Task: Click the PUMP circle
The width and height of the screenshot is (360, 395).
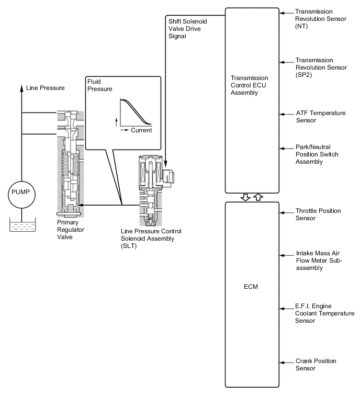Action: pos(21,195)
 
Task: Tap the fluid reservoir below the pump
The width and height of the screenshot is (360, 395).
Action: pos(22,225)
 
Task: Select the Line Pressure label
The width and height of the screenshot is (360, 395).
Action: pos(46,88)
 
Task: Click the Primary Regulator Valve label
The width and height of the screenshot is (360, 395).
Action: pos(71,230)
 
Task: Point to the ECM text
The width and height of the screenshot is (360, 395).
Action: pos(251,287)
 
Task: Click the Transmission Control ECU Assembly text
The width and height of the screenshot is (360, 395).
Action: pos(249,85)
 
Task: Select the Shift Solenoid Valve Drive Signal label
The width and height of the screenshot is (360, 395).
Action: pos(187,29)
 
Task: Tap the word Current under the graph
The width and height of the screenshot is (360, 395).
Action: pos(141,130)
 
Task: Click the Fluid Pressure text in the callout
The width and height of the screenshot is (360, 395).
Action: pos(100,85)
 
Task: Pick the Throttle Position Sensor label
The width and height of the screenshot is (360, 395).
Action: pos(318,215)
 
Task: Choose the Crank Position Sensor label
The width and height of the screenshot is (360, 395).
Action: pos(316,365)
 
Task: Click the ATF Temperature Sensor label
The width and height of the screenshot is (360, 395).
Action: pos(321,117)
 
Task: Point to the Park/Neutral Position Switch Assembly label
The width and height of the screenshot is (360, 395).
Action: pos(317,154)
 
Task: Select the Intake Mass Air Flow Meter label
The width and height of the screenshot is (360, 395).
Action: pos(319,261)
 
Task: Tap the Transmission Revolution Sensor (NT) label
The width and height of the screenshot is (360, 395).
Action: pos(320,19)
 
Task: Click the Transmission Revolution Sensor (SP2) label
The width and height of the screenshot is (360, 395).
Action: pos(321,67)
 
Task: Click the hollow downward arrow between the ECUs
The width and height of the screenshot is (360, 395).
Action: pos(245,197)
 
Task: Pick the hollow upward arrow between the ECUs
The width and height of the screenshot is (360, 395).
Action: pos(258,197)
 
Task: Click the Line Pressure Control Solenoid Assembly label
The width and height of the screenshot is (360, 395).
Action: pos(151,239)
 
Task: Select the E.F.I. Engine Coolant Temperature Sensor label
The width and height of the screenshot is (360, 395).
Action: pos(325,313)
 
